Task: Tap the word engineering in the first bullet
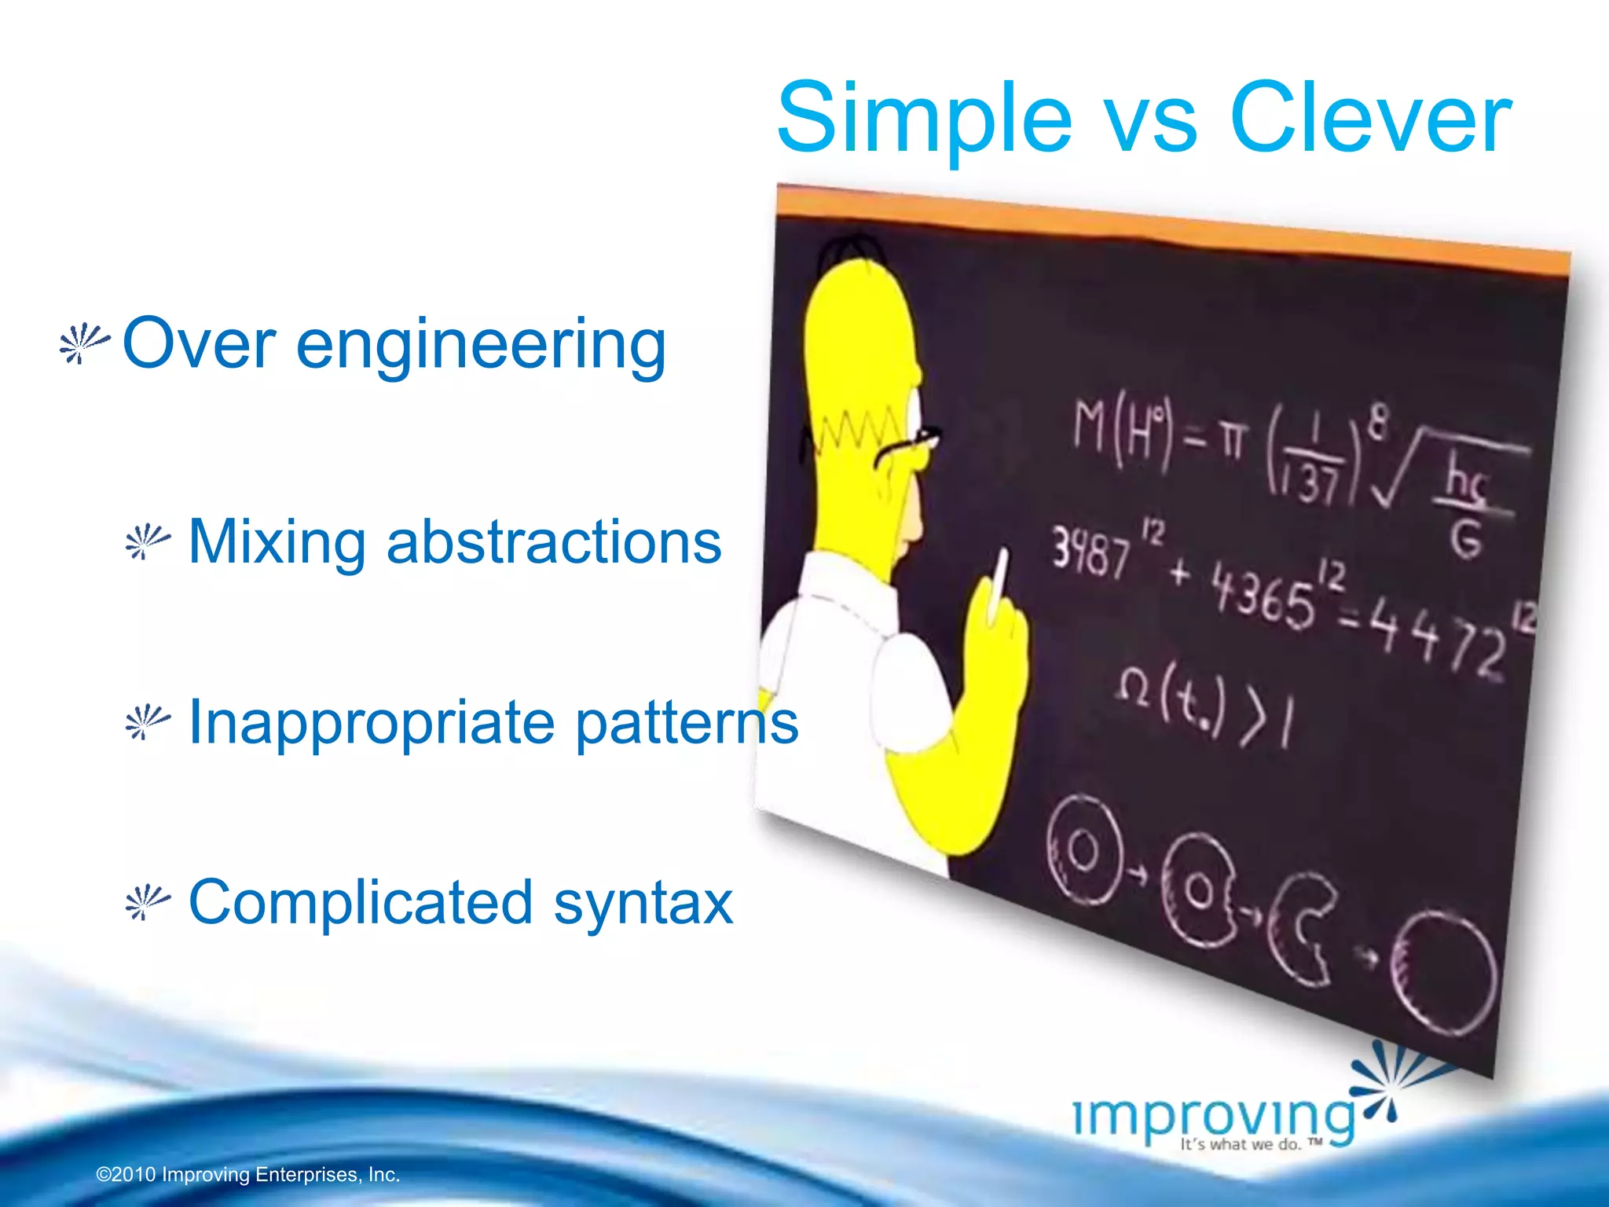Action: coord(481,346)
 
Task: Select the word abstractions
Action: coord(553,541)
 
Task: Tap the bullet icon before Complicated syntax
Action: coord(147,902)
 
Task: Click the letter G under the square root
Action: coord(1465,539)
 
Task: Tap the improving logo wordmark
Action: coord(1214,1117)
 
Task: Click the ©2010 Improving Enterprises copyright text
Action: coord(248,1175)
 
